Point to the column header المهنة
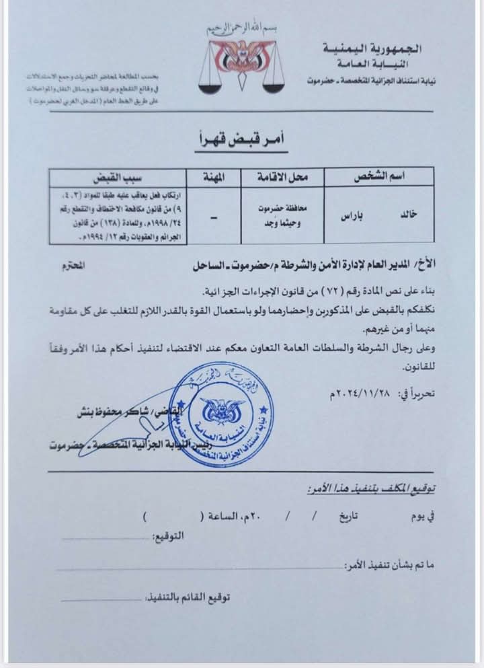[213, 177]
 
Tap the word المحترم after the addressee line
[77, 266]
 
